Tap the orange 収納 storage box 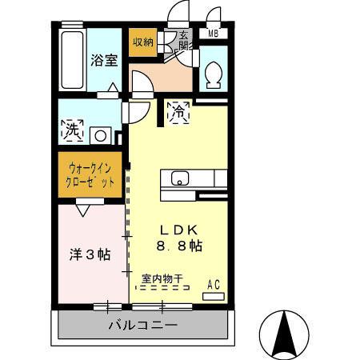(143, 42)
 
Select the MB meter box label (213, 34)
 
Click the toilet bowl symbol (214, 75)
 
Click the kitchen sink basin (178, 178)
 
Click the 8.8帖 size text (178, 246)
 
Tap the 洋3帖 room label (89, 254)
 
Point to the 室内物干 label (162, 278)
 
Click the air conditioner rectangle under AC (214, 295)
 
